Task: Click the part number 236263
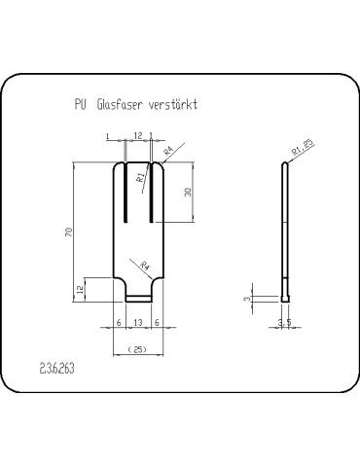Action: (58, 370)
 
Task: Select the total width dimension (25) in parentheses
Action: (138, 347)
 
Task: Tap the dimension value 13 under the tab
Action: (138, 321)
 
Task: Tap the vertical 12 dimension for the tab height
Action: (80, 288)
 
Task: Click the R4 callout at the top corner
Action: (168, 151)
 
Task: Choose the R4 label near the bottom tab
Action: (145, 265)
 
